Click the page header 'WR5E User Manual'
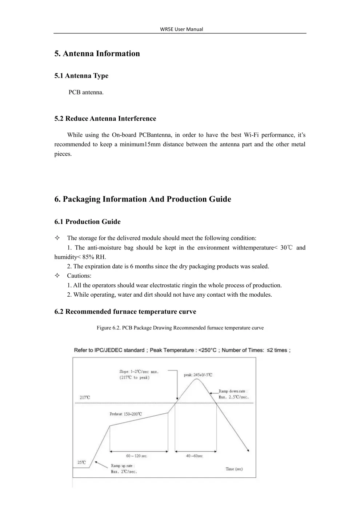pyautogui.click(x=181, y=29)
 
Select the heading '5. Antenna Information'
pyautogui.click(x=97, y=54)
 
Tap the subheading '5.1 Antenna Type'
pyautogui.click(x=81, y=76)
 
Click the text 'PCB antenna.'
pyautogui.click(x=86, y=92)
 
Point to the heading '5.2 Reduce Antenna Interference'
pyautogui.click(x=105, y=119)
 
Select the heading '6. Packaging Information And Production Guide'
pyautogui.click(x=143, y=199)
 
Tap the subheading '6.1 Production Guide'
pyautogui.click(x=87, y=222)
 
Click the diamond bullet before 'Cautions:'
pyautogui.click(x=57, y=276)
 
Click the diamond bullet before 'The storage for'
pyautogui.click(x=57, y=238)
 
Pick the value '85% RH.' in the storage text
pyautogui.click(x=94, y=257)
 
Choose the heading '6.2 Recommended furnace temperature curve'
pyautogui.click(x=125, y=312)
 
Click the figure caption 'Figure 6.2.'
pyautogui.click(x=108, y=328)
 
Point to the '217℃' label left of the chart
pyautogui.click(x=85, y=397)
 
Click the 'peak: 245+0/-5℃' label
pyautogui.click(x=198, y=375)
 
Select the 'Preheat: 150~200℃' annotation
pyautogui.click(x=126, y=414)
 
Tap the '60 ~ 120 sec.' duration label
pyautogui.click(x=137, y=456)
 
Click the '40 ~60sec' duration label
pyautogui.click(x=194, y=456)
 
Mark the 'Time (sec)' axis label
pyautogui.click(x=234, y=469)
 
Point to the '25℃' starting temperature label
pyautogui.click(x=82, y=462)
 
